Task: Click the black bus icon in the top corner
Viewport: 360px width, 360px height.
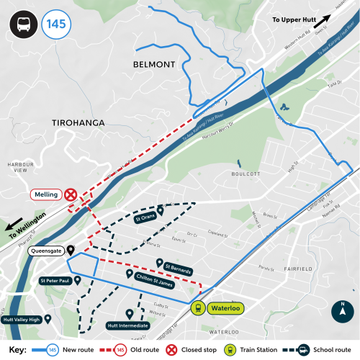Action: point(22,24)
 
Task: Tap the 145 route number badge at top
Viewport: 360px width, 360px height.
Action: point(55,24)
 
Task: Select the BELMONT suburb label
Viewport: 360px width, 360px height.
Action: point(155,64)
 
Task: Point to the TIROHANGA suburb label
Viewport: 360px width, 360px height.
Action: point(79,123)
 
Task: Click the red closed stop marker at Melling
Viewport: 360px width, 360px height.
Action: point(71,195)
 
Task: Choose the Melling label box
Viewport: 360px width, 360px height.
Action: point(45,195)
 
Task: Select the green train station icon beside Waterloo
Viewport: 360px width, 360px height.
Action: point(197,308)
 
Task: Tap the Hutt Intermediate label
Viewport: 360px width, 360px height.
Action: point(127,325)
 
